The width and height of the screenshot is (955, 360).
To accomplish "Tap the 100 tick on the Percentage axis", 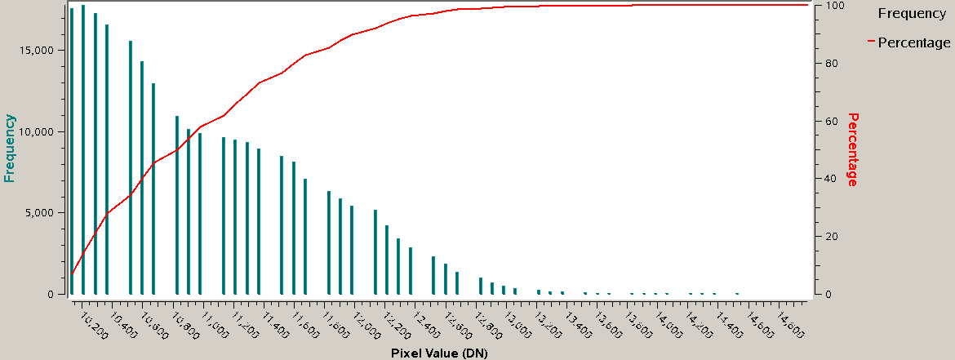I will tap(825, 6).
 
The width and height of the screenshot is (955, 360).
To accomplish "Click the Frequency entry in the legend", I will tap(911, 14).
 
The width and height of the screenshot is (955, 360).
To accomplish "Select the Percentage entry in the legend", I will tap(913, 42).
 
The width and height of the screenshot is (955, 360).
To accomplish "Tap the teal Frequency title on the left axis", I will tap(11, 148).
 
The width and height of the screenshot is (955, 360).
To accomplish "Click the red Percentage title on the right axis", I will tap(852, 149).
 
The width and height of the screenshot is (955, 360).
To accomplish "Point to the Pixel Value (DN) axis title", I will tap(439, 353).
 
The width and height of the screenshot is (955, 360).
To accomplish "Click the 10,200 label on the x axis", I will tap(95, 322).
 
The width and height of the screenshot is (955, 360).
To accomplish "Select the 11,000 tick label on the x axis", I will tap(215, 322).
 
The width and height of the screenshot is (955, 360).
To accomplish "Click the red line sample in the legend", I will tap(870, 40).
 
